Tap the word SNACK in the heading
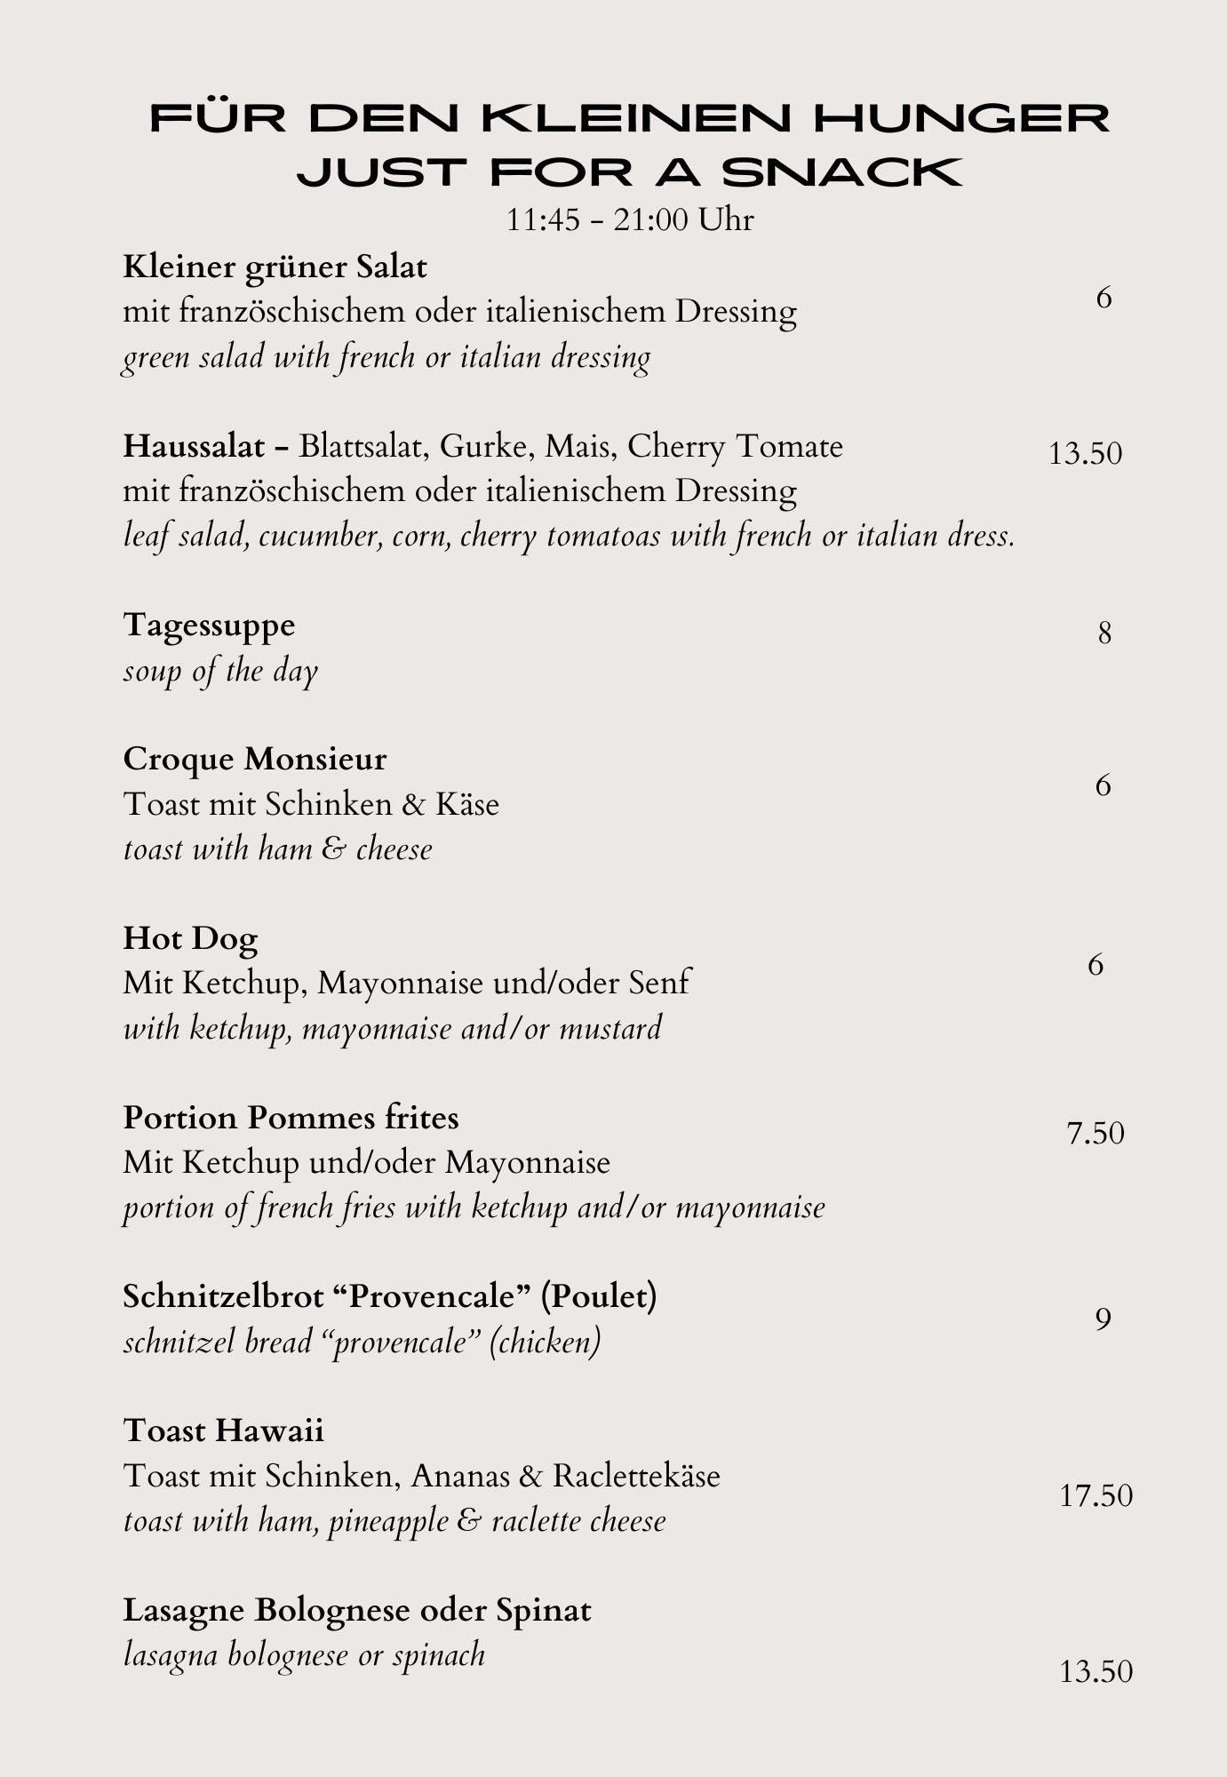pyautogui.click(x=841, y=172)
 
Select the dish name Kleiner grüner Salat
pyautogui.click(x=275, y=267)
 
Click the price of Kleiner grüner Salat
pyautogui.click(x=1104, y=298)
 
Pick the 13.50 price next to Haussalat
pyautogui.click(x=1085, y=454)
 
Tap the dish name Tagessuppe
pyautogui.click(x=209, y=625)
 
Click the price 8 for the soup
pyautogui.click(x=1104, y=634)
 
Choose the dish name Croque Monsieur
pyautogui.click(x=255, y=759)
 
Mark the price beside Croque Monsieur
pyautogui.click(x=1104, y=785)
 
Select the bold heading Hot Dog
pyautogui.click(x=190, y=938)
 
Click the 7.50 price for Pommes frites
pyautogui.click(x=1096, y=1134)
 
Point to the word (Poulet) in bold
pyautogui.click(x=599, y=1296)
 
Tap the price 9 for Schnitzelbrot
pyautogui.click(x=1103, y=1319)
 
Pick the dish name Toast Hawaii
pyautogui.click(x=223, y=1430)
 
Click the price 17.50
pyautogui.click(x=1096, y=1496)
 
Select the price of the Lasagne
pyautogui.click(x=1096, y=1672)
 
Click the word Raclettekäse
pyautogui.click(x=635, y=1476)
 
